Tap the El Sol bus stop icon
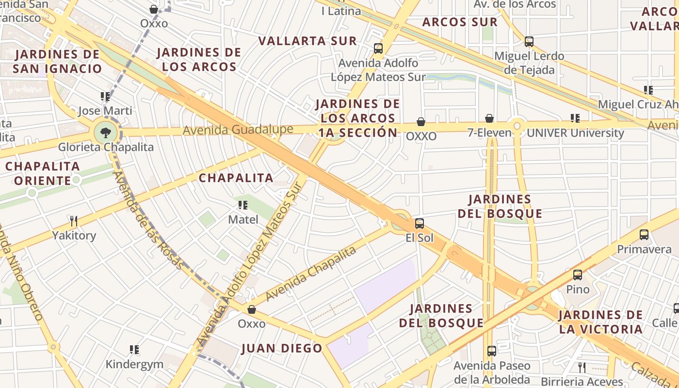point(420,224)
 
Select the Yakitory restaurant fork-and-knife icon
point(74,221)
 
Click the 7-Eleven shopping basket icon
point(489,118)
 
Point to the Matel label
point(243,220)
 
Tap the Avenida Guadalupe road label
point(238,129)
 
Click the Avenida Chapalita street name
point(311,273)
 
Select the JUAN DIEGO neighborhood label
point(282,348)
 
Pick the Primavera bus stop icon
point(644,235)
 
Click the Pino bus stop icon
point(578,275)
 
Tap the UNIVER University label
point(575,132)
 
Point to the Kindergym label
point(134,364)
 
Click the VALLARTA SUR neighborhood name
point(307,41)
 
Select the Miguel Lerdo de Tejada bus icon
point(529,42)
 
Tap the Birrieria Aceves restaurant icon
point(582,367)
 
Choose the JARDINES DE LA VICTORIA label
point(600,322)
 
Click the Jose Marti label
point(105,111)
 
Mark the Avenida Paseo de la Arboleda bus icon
point(492,351)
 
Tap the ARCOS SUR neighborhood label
point(460,22)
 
